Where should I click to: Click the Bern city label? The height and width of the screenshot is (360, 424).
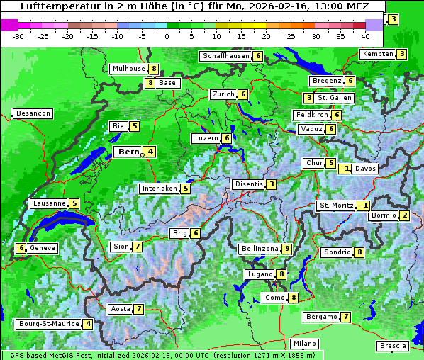[129, 152]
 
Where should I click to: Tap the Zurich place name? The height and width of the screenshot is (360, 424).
[224, 94]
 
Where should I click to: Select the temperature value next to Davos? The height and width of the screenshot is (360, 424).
[345, 169]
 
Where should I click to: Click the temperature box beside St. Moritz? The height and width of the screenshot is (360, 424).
[363, 206]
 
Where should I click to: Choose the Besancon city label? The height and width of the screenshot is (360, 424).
[33, 113]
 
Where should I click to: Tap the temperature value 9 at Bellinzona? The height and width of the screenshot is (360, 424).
[286, 249]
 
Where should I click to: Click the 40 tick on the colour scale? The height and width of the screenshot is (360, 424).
[365, 35]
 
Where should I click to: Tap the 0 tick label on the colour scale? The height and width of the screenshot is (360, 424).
[167, 35]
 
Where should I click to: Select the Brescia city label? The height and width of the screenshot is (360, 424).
[394, 345]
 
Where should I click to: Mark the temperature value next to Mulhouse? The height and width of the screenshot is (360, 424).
[153, 69]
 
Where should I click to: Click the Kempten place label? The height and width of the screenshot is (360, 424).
[377, 54]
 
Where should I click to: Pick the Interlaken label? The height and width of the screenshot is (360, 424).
[160, 189]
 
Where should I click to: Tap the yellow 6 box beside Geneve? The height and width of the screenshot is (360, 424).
[21, 248]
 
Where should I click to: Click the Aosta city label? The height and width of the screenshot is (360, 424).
[121, 309]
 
